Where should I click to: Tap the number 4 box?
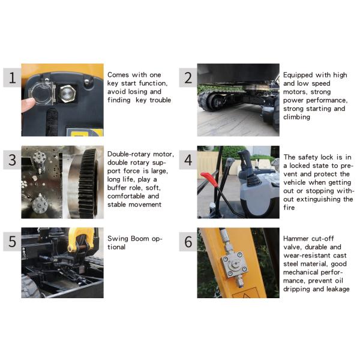(x=188, y=160)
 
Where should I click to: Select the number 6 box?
(x=188, y=242)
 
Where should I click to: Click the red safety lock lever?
(x=209, y=178)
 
